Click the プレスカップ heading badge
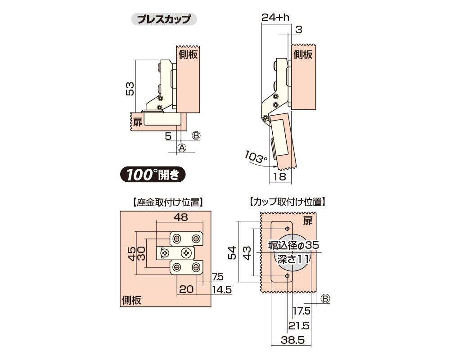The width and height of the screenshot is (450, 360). tap(164, 19)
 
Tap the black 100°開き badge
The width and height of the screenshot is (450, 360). tap(153, 174)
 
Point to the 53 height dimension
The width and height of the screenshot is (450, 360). tap(130, 89)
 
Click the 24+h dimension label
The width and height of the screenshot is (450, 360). tap(275, 18)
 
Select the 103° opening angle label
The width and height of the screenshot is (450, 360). tap(256, 157)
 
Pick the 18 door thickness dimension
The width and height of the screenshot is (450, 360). tap(279, 176)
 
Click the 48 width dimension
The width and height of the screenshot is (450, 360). tap(181, 217)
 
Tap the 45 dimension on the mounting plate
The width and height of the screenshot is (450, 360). tap(132, 253)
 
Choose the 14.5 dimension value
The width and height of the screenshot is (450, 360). tap(222, 290)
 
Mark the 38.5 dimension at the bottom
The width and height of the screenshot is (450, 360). tap(293, 340)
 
